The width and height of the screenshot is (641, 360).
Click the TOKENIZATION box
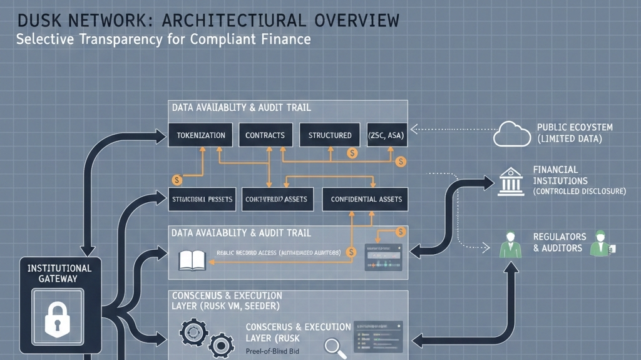(x=200, y=135)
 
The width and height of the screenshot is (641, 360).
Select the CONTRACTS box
(x=265, y=135)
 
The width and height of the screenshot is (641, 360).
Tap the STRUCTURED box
(x=330, y=135)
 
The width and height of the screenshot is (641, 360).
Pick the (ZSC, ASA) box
(x=386, y=135)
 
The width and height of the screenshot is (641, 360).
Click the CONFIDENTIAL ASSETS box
(x=366, y=199)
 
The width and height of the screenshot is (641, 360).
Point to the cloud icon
(x=512, y=134)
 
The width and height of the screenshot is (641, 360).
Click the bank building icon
(x=512, y=181)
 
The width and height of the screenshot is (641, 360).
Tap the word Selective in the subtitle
(x=44, y=39)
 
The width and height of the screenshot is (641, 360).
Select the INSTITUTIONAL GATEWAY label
(x=59, y=273)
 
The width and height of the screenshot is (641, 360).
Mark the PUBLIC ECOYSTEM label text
(x=575, y=128)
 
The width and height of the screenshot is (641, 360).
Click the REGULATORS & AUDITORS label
(x=560, y=242)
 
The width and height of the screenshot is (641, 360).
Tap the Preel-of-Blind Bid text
(x=272, y=351)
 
